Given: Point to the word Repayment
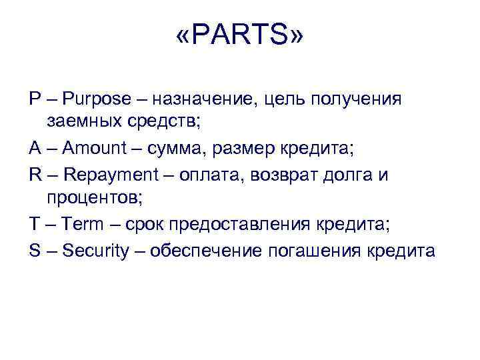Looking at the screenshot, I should click(109, 175).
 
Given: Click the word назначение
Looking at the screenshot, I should click(207, 100).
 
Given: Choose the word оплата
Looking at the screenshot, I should click(219, 175).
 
